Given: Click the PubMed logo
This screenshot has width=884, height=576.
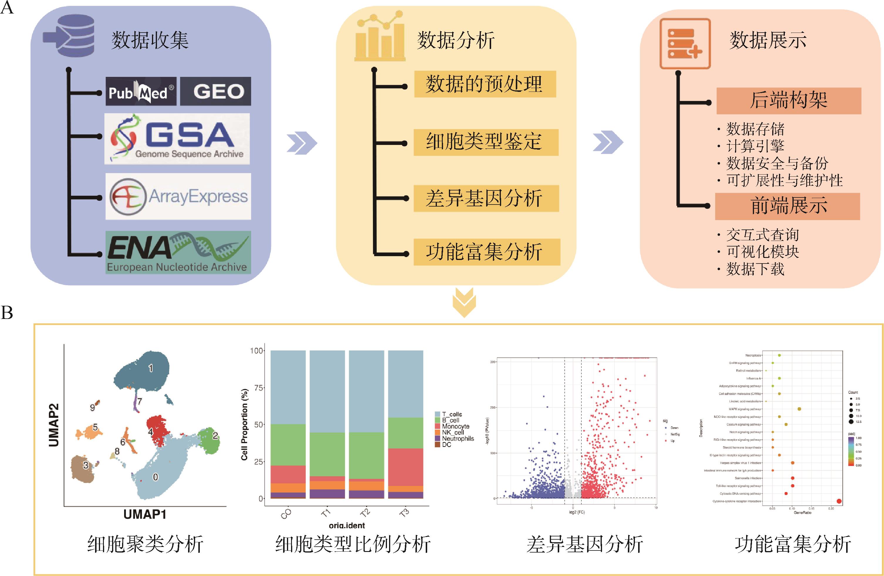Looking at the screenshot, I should coord(141,91).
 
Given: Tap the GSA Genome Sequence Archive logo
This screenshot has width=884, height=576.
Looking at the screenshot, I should coord(177,139).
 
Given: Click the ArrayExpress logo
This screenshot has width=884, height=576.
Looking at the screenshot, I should coord(178,197).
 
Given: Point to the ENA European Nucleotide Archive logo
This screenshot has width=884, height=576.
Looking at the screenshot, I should coord(178,253).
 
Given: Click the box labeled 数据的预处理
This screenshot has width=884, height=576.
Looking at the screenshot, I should coord(485,84).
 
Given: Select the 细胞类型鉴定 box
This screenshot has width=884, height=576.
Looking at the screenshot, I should coord(486,142).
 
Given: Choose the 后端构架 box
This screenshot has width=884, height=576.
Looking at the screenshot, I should coord(789,101).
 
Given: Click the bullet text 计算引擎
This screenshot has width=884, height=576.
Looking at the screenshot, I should coord(755,146).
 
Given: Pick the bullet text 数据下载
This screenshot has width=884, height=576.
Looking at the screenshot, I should coord(755,269).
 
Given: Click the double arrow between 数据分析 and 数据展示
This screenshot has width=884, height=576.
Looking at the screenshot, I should coord(608,142).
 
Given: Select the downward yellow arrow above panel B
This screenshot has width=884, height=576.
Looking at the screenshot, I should coord(464,303).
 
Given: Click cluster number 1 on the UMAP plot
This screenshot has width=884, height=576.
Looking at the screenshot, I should coord(151,368).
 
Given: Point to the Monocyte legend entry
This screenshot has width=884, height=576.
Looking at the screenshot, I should coord(455,426).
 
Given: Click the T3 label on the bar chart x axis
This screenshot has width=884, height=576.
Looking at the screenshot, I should coord(405,513).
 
